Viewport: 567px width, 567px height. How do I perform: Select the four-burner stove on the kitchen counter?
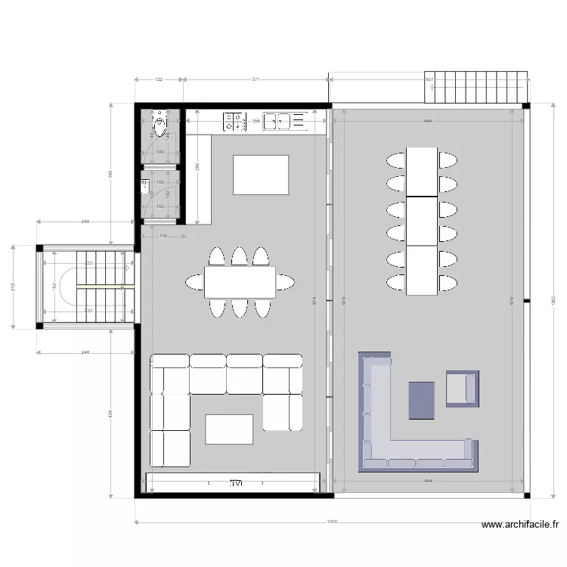[x=234, y=121]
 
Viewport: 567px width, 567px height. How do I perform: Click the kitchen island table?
[x=261, y=175]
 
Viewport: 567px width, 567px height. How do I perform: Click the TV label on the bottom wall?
[x=237, y=482]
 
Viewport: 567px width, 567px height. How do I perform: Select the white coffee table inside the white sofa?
[x=229, y=429]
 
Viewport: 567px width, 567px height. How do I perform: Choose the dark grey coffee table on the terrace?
[x=422, y=400]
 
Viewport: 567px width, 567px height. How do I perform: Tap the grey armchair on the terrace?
[x=461, y=389]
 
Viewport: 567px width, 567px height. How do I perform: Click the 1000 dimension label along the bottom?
[x=333, y=522]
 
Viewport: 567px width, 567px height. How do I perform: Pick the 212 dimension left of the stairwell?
[x=13, y=287]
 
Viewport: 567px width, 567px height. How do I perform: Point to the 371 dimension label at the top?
[x=256, y=79]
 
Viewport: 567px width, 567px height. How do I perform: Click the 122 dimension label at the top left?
[x=159, y=79]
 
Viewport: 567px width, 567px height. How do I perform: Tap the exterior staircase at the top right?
[x=476, y=88]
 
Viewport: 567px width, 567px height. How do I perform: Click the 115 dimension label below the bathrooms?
[x=163, y=236]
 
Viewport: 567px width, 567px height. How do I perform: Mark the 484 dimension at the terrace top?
[x=427, y=121]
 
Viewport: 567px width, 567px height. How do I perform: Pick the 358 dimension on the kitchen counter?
[x=256, y=121]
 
